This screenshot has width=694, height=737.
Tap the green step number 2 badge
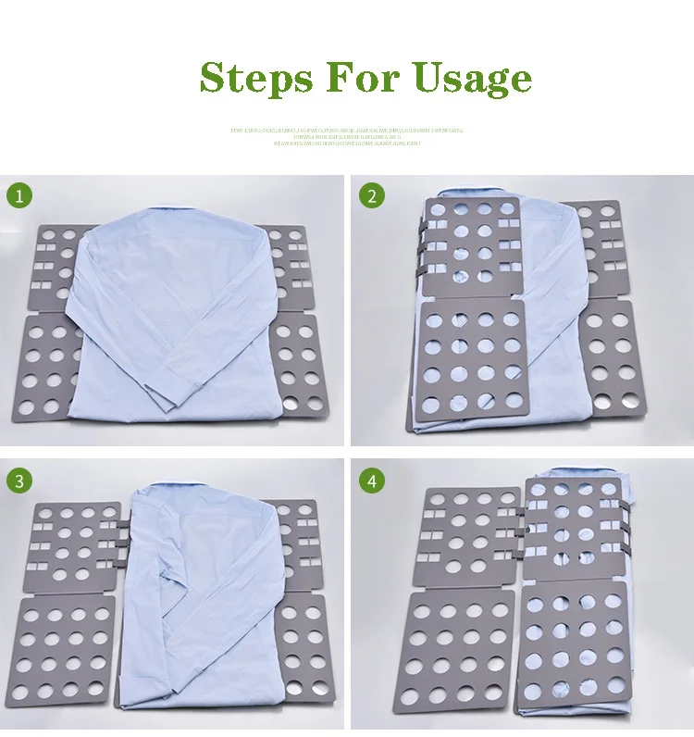tap(372, 196)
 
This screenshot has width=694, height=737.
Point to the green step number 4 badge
tap(372, 481)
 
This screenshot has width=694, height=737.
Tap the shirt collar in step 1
tap(173, 215)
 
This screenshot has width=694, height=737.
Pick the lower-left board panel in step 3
tap(65, 648)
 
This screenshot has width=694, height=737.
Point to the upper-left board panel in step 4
tap(467, 537)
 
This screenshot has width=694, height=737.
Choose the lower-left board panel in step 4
tap(458, 648)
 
